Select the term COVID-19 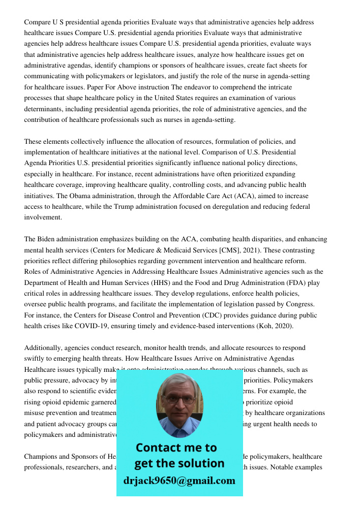pos(92,326)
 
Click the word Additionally pos(44,347)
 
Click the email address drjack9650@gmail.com pos(179,481)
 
